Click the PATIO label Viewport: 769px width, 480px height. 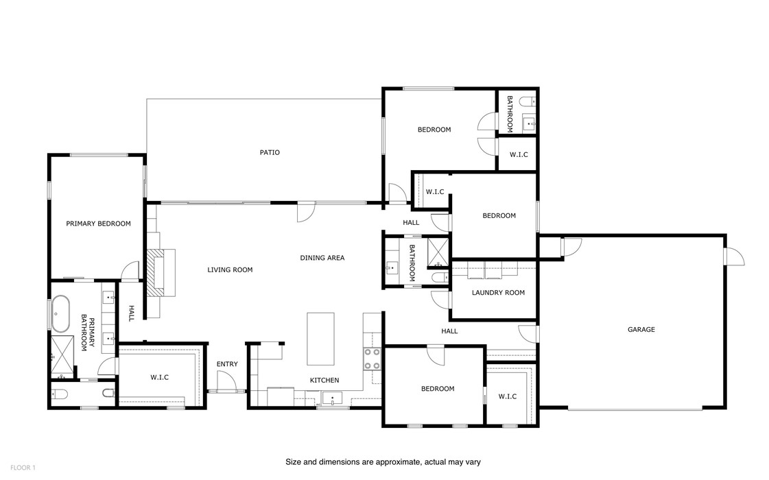coord(270,152)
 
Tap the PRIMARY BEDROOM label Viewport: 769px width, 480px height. coord(98,224)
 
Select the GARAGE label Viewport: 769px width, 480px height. coord(641,330)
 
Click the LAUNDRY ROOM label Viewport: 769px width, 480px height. coord(498,293)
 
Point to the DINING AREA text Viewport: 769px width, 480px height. coord(322,258)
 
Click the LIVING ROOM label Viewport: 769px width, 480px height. coord(230,270)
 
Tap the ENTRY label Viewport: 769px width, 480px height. coord(227,364)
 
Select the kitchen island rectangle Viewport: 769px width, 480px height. coord(320,339)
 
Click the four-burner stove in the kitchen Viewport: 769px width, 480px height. coord(371,357)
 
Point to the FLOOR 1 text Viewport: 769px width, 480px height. coord(23,468)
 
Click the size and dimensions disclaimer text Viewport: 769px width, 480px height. coord(383,462)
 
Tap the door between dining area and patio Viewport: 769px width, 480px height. coord(306,212)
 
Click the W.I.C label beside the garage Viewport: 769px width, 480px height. coord(507,396)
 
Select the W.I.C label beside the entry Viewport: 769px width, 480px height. coord(159,377)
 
